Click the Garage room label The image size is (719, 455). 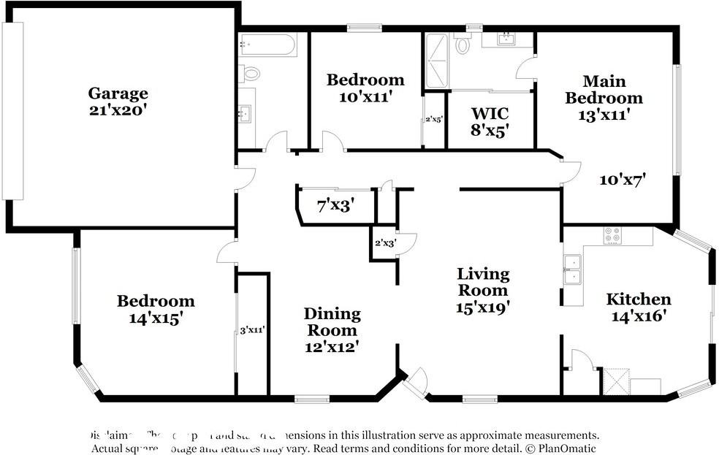tap(118, 93)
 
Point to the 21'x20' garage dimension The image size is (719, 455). tap(118, 110)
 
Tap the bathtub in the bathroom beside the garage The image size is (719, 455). tap(267, 45)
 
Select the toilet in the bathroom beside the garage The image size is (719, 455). tap(251, 73)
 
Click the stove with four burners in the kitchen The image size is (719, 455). tap(612, 235)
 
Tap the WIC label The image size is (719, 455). tap(490, 114)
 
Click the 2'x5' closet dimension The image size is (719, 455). tap(434, 119)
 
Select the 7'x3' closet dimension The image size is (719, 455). tap(335, 205)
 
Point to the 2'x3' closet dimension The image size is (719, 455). tap(384, 243)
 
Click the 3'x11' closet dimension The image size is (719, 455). tap(252, 330)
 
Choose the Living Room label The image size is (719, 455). tap(483, 282)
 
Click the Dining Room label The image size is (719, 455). tap(332, 322)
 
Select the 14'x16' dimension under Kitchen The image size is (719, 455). tap(638, 316)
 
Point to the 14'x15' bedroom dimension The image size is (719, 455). tap(156, 318)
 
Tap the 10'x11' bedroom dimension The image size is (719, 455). tap(365, 97)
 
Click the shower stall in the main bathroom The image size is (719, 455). tap(436, 61)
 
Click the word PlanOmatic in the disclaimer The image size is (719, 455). tap(560, 448)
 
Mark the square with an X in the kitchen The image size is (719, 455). tap(614, 381)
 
